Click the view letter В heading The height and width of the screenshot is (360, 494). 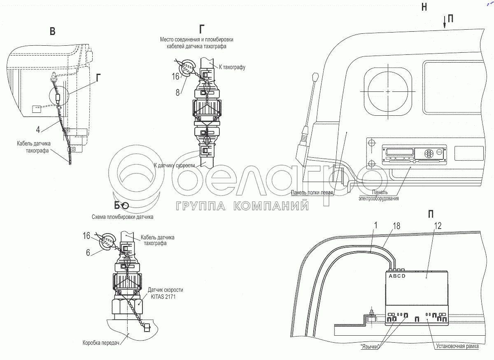pos(52,32)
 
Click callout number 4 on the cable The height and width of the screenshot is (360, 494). pos(38,130)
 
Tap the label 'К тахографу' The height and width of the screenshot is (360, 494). pos(232,67)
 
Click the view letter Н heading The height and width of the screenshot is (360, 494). pos(424,7)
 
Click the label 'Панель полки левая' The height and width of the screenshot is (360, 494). pos(312,192)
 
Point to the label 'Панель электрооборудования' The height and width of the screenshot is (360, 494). pos(379,195)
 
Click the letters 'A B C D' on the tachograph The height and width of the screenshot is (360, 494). pos(397,276)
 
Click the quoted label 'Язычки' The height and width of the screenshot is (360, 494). pos(369,346)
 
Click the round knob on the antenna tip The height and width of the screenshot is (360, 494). pos(316,76)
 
